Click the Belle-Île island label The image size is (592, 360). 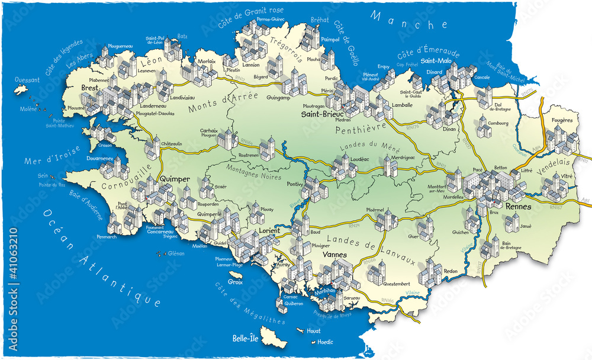point(248,339)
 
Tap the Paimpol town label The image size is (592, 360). point(330,39)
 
